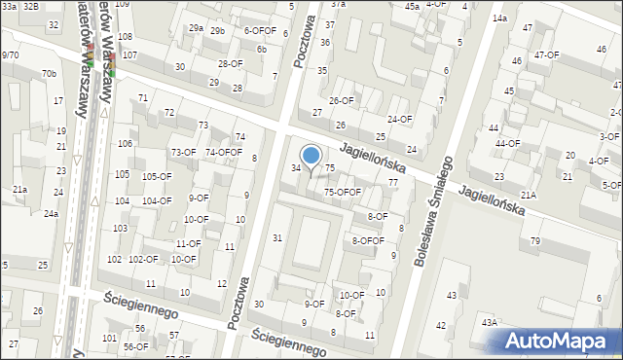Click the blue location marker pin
(311, 156)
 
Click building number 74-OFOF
(223, 153)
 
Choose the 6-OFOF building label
(260, 31)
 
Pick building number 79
(534, 240)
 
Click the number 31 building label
(277, 238)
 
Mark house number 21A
(528, 196)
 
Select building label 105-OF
(157, 177)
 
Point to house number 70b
(49, 74)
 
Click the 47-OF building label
(546, 55)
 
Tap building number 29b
(216, 31)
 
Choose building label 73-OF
(183, 153)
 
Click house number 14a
(499, 18)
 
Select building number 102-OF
(143, 260)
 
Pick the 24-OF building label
(400, 120)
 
